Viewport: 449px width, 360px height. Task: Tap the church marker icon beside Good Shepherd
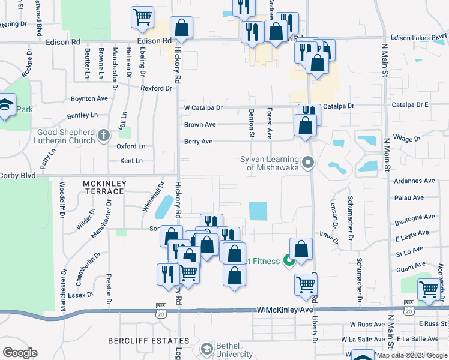(104, 135)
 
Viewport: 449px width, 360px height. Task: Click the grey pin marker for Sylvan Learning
(309, 163)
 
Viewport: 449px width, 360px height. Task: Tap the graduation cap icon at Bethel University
(207, 349)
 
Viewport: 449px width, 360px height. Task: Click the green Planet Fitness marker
(289, 261)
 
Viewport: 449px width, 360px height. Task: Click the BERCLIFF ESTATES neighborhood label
(149, 341)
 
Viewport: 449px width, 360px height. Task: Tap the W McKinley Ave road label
(285, 310)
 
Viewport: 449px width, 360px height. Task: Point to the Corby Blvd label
(18, 176)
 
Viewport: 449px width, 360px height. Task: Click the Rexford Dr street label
(156, 88)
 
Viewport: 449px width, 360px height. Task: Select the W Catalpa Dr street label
(203, 108)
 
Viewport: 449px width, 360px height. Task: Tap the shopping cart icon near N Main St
(429, 289)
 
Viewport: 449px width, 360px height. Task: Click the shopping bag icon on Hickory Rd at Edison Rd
(181, 28)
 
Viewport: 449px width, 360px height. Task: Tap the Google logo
(20, 353)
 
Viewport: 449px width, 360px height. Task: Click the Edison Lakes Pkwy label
(418, 37)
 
